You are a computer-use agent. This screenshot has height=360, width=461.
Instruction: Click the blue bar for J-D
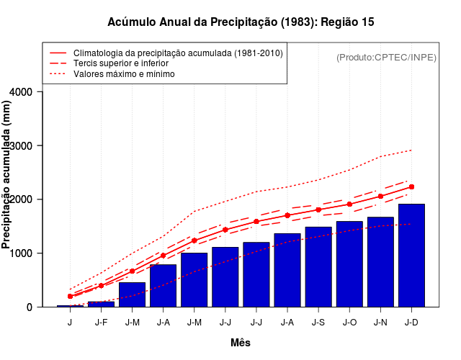pyautogui.click(x=411, y=256)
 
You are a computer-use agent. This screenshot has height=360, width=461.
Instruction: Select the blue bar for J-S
pyautogui.click(x=318, y=267)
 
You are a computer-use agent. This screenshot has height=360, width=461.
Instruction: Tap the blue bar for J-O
pyautogui.click(x=349, y=264)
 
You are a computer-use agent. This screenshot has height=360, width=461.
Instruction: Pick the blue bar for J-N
pyautogui.click(x=380, y=262)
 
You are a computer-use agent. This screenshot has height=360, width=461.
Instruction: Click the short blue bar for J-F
pyautogui.click(x=101, y=304)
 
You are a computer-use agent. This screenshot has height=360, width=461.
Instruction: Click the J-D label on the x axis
pyautogui.click(x=411, y=323)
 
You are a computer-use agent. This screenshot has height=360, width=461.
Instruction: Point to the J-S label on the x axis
pyautogui.click(x=318, y=323)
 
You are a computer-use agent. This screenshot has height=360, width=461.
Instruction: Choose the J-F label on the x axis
pyautogui.click(x=101, y=323)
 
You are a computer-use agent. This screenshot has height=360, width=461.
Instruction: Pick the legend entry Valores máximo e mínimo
pyautogui.click(x=123, y=73)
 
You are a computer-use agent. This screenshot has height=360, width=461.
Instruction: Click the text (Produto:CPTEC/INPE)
pyautogui.click(x=386, y=58)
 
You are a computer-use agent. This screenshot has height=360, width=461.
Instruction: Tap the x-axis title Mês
pyautogui.click(x=241, y=343)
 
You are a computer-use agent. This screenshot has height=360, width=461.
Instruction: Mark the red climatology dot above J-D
pyautogui.click(x=411, y=186)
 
